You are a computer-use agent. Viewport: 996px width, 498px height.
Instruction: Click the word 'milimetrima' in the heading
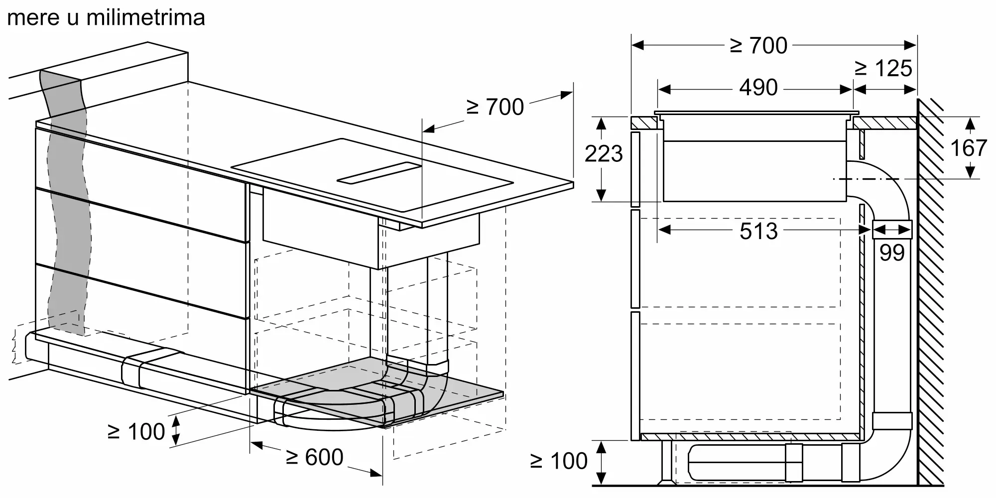145,17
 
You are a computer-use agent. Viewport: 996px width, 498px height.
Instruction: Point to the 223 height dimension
604,154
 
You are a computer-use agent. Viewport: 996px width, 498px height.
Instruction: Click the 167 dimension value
968,148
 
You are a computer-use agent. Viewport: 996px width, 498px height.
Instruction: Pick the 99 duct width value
892,253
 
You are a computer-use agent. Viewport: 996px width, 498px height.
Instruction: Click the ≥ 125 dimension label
883,68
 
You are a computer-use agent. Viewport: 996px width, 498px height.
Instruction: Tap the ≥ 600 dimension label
315,457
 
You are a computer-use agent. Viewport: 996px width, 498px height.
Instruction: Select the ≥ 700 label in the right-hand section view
758,45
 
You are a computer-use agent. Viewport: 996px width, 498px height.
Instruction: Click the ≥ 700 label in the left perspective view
495,107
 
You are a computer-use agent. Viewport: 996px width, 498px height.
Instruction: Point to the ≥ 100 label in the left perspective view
136,431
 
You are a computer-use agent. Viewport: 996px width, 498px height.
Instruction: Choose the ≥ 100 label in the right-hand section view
559,461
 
